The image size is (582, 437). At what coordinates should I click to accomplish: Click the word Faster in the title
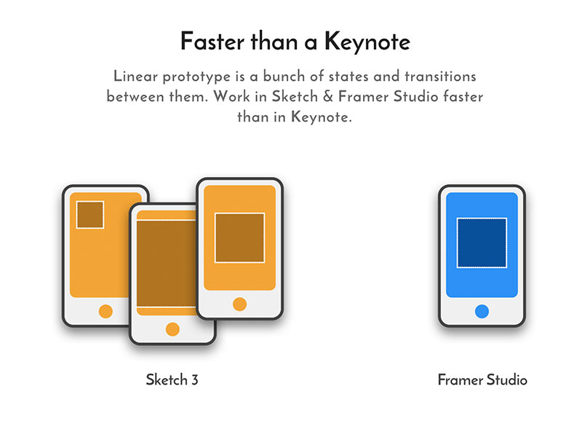[x=212, y=42]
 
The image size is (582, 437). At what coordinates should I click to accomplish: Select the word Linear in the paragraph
[x=135, y=76]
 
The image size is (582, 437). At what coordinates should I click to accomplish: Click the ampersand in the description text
[x=328, y=96]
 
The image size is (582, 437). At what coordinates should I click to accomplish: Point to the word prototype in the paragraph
[x=196, y=77]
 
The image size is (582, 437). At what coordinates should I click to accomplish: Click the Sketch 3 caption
[x=172, y=379]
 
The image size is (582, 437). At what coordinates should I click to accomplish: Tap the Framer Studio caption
[x=482, y=379]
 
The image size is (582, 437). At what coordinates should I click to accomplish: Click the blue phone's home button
[x=482, y=311]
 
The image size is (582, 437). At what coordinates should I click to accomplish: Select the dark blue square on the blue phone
[x=482, y=243]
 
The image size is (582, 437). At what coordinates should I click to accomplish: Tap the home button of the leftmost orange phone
[x=105, y=311]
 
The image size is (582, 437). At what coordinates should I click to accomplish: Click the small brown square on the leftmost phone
[x=89, y=215]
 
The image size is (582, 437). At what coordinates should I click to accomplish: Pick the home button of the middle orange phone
[x=172, y=329]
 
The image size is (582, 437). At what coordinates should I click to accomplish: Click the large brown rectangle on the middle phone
[x=166, y=264]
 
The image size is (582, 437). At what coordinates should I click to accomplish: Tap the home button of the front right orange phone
[x=240, y=304]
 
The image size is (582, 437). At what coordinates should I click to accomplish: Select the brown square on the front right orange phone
[x=240, y=238]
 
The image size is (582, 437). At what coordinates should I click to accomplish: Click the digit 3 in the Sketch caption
[x=195, y=379]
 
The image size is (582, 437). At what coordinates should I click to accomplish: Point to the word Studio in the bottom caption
[x=507, y=379]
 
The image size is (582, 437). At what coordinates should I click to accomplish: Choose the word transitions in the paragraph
[x=440, y=76]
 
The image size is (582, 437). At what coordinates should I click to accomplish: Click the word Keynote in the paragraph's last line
[x=320, y=118]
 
